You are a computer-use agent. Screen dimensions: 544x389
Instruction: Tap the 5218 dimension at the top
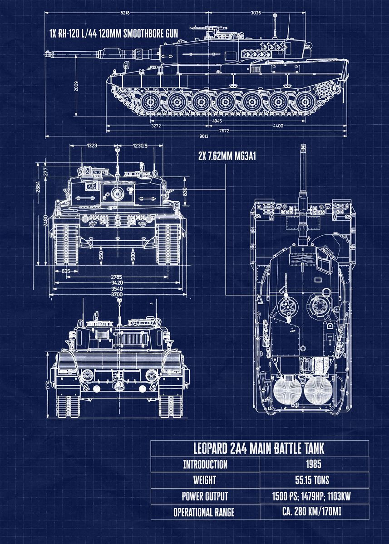125,13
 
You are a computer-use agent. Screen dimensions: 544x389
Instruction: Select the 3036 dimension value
256,13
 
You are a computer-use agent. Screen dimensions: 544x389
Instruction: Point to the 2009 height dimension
76,86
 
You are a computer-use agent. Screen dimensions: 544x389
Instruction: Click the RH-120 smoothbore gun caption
113,33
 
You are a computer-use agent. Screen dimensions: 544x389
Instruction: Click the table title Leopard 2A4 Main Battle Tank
259,449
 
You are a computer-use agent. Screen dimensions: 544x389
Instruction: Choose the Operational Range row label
204,512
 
